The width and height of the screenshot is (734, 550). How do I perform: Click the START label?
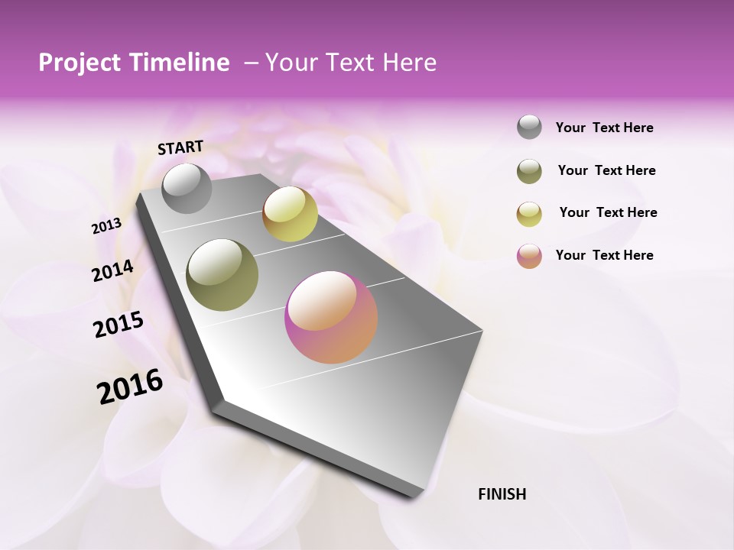click(180, 147)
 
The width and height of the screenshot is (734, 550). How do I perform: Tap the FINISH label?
click(502, 494)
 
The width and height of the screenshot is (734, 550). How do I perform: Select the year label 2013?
click(107, 226)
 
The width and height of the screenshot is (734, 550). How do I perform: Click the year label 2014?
click(113, 271)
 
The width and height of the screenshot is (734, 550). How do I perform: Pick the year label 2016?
click(130, 387)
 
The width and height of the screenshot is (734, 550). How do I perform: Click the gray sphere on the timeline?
click(187, 188)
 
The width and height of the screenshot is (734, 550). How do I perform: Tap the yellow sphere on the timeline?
click(290, 214)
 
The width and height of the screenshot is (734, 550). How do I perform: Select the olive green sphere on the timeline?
click(222, 275)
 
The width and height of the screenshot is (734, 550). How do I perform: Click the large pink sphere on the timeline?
click(331, 317)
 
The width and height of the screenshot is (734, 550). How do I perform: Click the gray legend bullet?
click(529, 127)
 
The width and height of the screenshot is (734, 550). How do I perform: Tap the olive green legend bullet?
click(529, 171)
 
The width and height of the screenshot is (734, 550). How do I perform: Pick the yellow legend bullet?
click(529, 214)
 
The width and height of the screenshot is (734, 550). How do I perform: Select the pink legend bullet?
click(529, 256)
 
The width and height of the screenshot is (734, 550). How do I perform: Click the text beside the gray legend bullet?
click(604, 128)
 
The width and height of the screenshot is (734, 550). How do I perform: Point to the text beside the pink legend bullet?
click(604, 255)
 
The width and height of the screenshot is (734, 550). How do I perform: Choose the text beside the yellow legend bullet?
click(608, 212)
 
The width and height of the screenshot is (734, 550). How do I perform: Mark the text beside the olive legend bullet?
click(606, 170)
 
